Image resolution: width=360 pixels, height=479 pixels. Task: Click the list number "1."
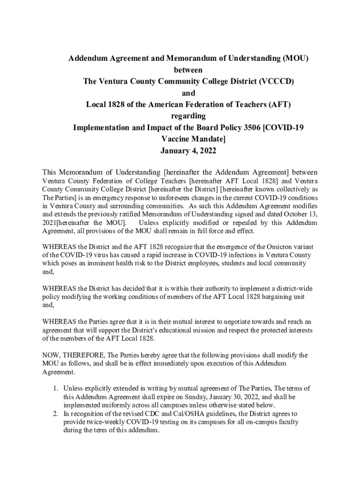tap(55, 388)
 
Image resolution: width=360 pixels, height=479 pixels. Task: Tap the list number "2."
tap(55, 414)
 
